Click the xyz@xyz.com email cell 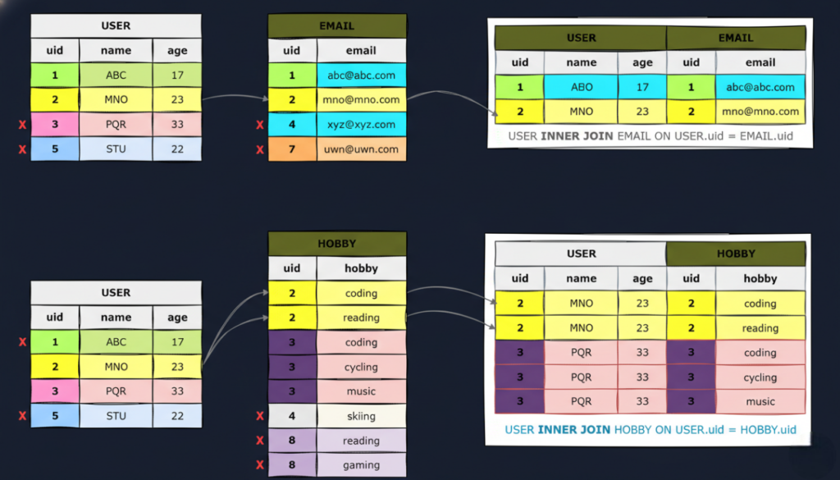click(361, 125)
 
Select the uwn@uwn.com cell click(361, 149)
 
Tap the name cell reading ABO click(581, 87)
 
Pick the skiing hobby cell click(361, 416)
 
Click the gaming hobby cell click(361, 465)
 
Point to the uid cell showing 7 click(292, 149)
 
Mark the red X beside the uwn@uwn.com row click(260, 150)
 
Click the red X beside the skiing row click(260, 417)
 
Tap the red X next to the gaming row click(260, 466)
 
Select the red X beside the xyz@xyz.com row click(260, 126)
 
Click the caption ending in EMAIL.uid click(650, 135)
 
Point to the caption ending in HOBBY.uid click(650, 430)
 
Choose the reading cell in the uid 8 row click(361, 441)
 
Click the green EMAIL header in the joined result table click(735, 38)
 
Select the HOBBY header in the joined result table click(735, 254)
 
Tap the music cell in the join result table click(760, 401)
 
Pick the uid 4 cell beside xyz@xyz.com click(292, 125)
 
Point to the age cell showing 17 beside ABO click(642, 87)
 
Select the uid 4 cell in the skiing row click(292, 416)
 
